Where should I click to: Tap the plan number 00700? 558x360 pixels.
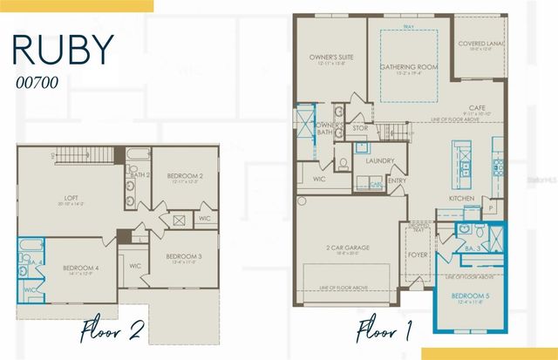coord(39,84)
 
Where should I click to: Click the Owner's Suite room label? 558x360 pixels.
coord(329,58)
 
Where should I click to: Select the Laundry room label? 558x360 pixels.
coord(379,160)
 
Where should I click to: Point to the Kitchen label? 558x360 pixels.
coord(461,199)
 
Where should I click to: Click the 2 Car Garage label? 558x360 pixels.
coord(348,248)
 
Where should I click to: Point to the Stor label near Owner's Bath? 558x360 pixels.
coord(360,128)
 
